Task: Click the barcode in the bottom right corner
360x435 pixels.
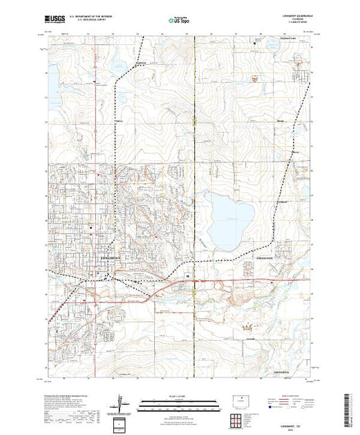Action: click(x=348, y=407)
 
